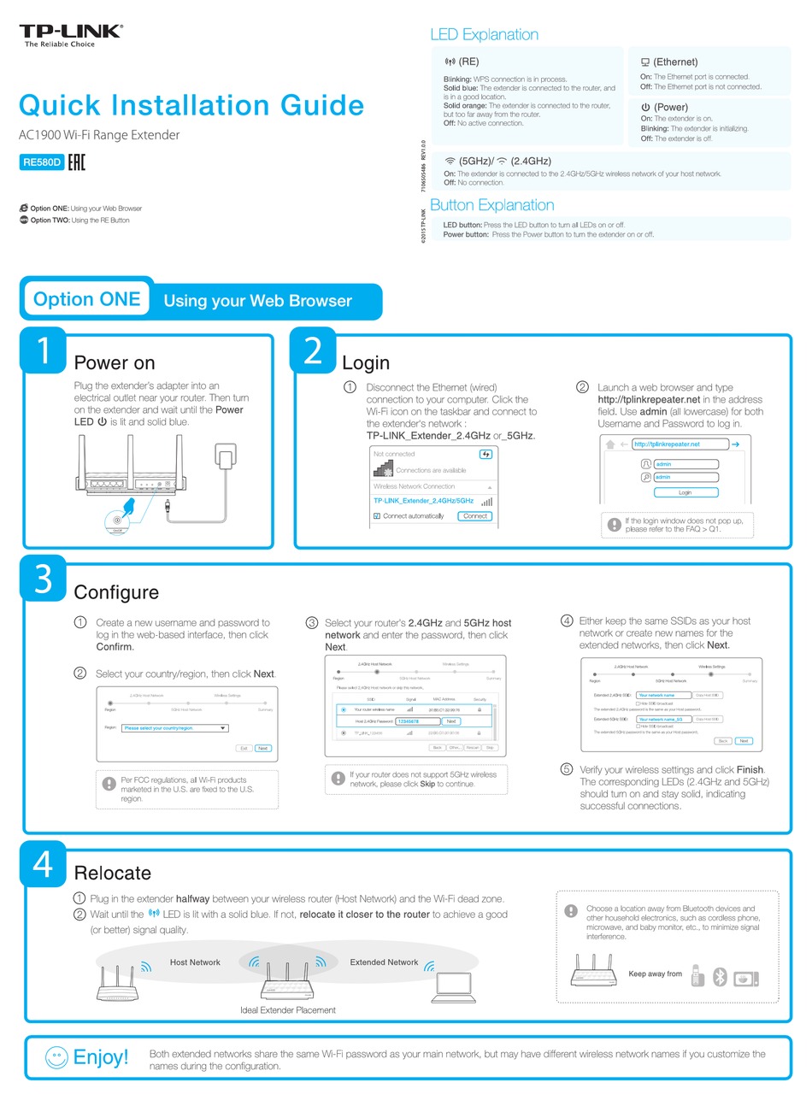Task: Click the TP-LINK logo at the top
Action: click(x=71, y=32)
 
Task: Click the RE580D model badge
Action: click(x=41, y=162)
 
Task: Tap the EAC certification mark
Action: click(x=76, y=162)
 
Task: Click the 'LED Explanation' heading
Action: click(x=484, y=34)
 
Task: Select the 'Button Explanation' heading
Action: click(x=491, y=205)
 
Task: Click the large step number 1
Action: click(x=44, y=350)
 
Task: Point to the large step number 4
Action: click(x=43, y=863)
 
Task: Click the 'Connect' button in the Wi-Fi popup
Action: click(x=474, y=516)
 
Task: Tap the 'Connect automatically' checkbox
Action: click(x=377, y=516)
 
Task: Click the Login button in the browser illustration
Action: click(x=685, y=492)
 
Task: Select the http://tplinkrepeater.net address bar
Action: click(x=680, y=444)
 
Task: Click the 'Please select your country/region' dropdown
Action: click(x=174, y=728)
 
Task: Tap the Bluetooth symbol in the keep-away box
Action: click(x=720, y=977)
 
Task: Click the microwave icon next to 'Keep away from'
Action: click(x=745, y=978)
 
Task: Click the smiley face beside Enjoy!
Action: click(x=56, y=1057)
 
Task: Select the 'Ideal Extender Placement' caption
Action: click(x=288, y=1010)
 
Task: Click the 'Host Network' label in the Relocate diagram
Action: click(x=195, y=962)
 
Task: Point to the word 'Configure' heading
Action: click(x=116, y=592)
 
